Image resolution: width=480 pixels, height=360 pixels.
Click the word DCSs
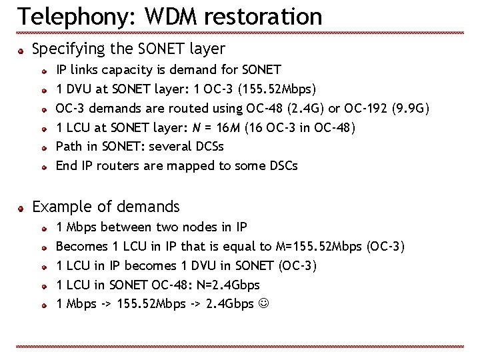(213, 146)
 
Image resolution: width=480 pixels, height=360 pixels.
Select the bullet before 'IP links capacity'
(43, 69)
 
